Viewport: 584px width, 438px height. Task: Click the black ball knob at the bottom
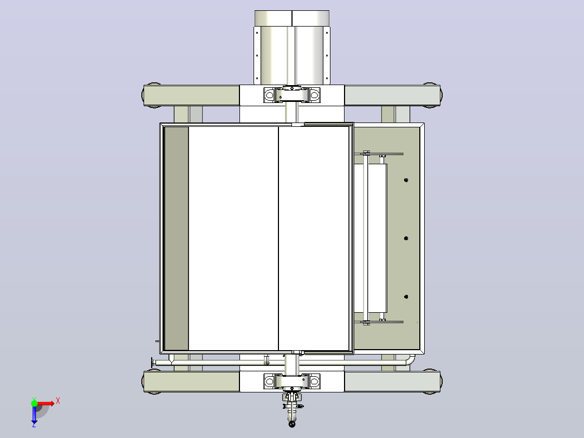(292, 424)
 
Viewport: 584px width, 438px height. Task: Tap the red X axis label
(58, 401)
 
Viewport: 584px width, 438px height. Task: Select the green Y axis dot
(34, 403)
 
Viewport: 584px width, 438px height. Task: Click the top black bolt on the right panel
(406, 180)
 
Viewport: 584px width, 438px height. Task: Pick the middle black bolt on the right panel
(406, 238)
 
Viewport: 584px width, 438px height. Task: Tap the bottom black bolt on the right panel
(406, 297)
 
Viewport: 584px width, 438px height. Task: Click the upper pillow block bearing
(291, 95)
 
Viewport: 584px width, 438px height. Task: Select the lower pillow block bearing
(291, 381)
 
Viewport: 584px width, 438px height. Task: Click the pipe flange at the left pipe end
(152, 362)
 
